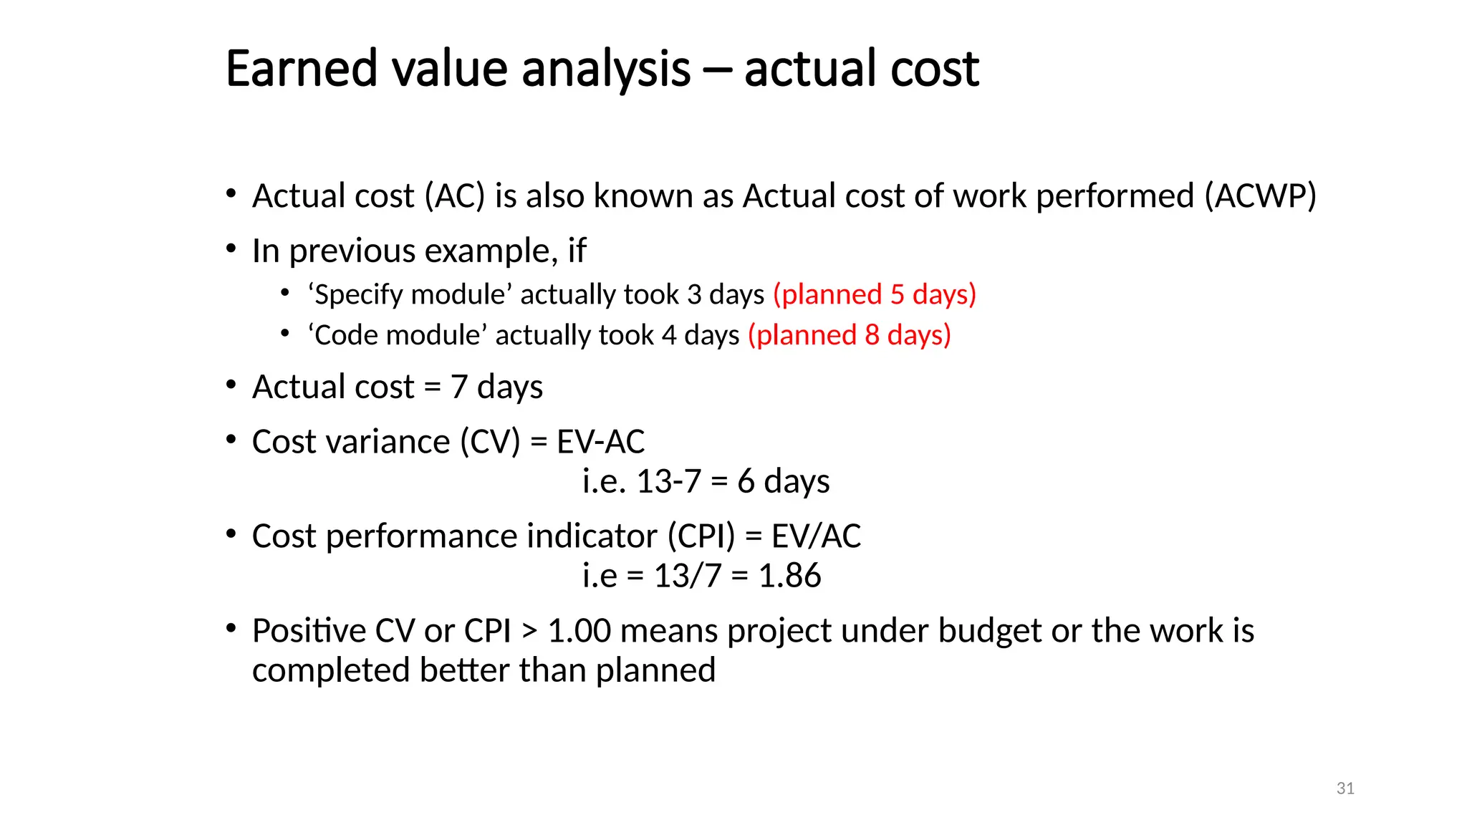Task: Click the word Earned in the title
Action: [301, 69]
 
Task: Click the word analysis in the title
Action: [606, 69]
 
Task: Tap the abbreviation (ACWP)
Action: [1260, 196]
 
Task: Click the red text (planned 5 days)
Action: [875, 294]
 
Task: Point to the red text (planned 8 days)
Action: [850, 335]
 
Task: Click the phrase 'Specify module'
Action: [410, 294]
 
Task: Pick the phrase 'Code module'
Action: [398, 335]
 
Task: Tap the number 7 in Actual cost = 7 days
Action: [459, 387]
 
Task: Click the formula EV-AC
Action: [600, 442]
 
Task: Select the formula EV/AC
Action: [816, 536]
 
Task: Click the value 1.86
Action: [789, 576]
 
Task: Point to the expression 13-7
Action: [668, 481]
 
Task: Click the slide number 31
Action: [1345, 788]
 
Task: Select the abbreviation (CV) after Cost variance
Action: [490, 442]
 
